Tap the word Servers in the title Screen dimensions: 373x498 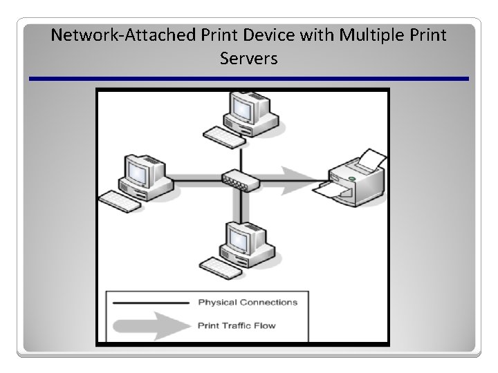(249, 59)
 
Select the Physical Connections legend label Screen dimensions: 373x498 (248, 302)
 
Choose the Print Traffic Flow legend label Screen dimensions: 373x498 (236, 325)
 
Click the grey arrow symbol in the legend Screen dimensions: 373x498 (149, 324)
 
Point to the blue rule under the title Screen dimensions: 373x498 (249, 79)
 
